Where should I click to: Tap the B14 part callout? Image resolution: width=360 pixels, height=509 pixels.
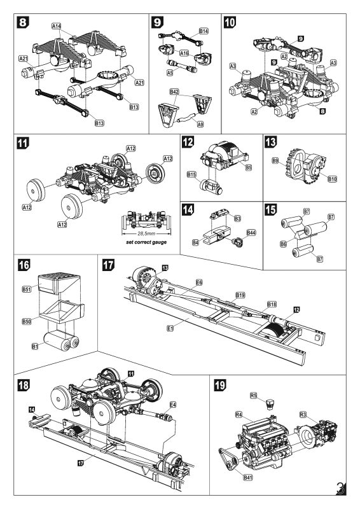click(204, 31)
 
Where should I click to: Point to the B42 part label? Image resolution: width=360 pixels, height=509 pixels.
click(174, 93)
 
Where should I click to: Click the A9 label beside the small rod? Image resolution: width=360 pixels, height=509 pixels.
click(200, 123)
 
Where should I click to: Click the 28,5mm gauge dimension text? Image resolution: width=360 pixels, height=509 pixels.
click(148, 234)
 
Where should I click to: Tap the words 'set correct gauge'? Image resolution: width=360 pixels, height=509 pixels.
click(147, 243)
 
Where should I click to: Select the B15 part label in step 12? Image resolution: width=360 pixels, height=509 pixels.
click(191, 174)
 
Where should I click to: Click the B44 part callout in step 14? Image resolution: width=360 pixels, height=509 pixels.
click(251, 233)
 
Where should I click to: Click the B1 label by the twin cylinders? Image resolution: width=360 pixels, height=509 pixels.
click(26, 346)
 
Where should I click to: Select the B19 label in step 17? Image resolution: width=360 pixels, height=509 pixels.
click(240, 295)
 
